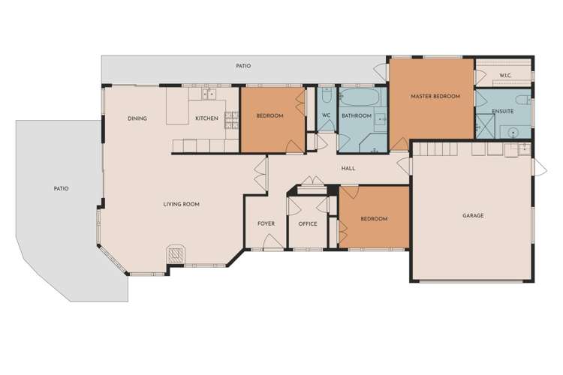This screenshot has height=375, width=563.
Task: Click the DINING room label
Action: tap(137, 118)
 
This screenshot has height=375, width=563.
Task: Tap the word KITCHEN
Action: tap(206, 118)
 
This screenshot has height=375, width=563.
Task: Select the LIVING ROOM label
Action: tap(182, 204)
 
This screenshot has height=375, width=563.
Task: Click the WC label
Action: tap(327, 115)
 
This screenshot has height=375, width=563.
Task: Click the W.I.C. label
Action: tap(505, 76)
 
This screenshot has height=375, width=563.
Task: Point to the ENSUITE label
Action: tap(502, 112)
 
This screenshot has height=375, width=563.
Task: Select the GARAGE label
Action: tap(473, 216)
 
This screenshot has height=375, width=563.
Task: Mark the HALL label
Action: tap(348, 168)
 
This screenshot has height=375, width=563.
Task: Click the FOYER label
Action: tap(266, 223)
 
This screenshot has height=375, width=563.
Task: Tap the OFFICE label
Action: tap(308, 223)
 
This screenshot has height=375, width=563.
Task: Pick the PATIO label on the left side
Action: tap(61, 188)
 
